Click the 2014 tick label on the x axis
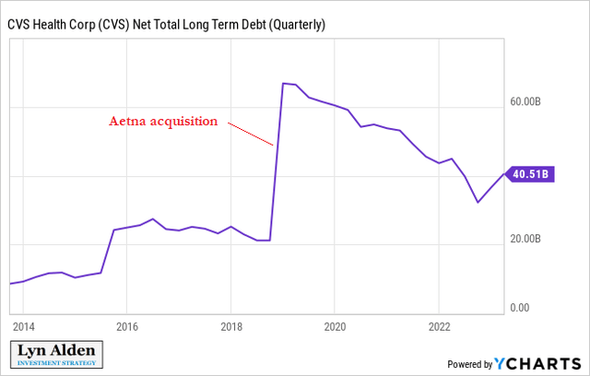coord(23,326)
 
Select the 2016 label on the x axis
coord(127,326)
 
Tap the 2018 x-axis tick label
coord(230,326)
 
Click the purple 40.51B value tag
coord(528,172)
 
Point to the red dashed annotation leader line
coord(251,135)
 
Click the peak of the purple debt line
coord(283,83)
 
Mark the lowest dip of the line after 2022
coord(478,202)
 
